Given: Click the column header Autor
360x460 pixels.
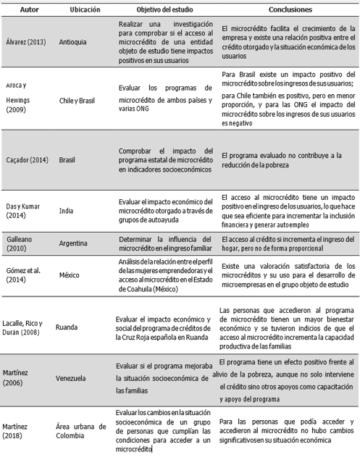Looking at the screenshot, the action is click(30, 12).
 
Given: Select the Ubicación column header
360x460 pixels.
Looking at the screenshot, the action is click(85, 12).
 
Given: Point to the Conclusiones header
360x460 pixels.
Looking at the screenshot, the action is click(289, 12).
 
